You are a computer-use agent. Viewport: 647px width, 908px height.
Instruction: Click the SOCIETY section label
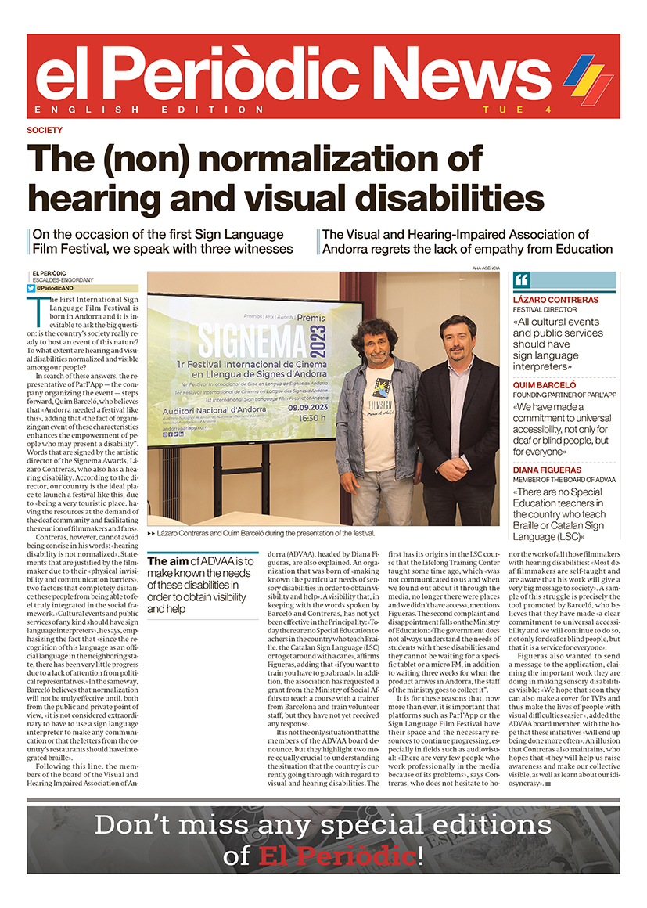click(x=44, y=130)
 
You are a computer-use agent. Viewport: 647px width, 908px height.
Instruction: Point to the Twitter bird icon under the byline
click(x=31, y=289)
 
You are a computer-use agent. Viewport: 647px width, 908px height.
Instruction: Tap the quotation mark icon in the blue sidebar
click(x=523, y=281)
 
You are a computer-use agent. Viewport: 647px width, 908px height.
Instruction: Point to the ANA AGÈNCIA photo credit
click(x=486, y=268)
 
